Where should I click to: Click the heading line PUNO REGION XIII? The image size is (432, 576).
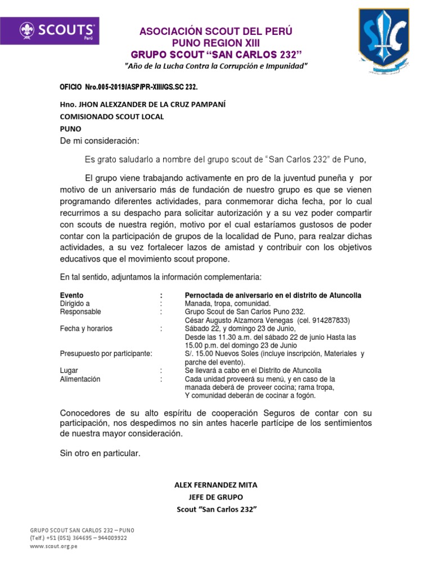(x=216, y=42)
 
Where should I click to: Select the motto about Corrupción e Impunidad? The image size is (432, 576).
(x=216, y=66)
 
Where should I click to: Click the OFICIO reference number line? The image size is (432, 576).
(x=129, y=88)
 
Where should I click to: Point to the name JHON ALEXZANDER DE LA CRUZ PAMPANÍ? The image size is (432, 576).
(x=143, y=105)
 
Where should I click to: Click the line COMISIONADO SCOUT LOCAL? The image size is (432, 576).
(x=112, y=117)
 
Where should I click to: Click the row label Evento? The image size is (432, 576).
(x=71, y=295)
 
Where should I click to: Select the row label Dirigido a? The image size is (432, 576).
(x=75, y=303)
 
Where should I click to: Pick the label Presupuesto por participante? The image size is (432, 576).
(x=106, y=354)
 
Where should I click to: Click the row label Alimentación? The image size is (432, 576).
(x=80, y=379)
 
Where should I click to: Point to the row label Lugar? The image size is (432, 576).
(x=69, y=371)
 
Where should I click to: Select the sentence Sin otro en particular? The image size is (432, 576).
(x=100, y=453)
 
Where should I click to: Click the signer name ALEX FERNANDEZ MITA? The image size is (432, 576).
(x=216, y=485)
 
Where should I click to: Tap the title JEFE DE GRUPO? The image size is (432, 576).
(x=216, y=497)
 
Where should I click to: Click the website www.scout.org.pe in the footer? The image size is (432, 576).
(x=53, y=546)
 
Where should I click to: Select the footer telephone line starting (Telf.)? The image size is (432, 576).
(x=78, y=538)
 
